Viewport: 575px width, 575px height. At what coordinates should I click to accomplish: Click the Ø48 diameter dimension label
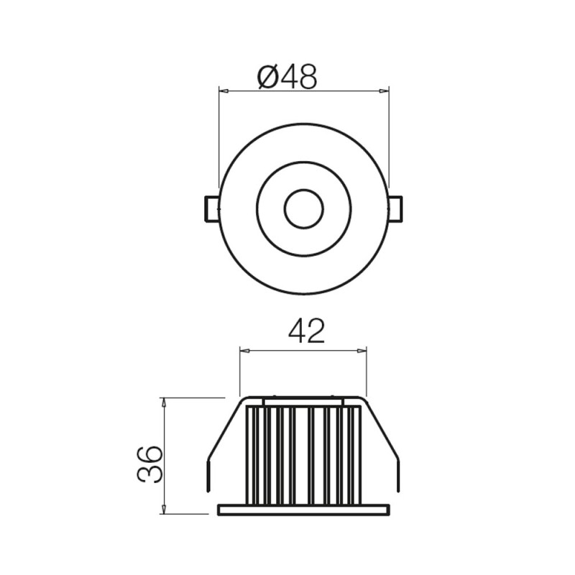286,76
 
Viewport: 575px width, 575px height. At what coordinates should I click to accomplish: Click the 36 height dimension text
149,464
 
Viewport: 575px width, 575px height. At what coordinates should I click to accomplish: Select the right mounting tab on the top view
395,208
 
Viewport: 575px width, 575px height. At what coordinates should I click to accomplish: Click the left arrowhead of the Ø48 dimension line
222,91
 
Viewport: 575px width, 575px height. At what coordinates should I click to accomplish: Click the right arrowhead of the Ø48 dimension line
385,91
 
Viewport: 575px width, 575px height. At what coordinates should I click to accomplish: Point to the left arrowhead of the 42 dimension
243,351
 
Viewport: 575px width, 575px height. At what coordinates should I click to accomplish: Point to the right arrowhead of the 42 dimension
362,351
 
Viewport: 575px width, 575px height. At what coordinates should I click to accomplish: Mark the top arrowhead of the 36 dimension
165,402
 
